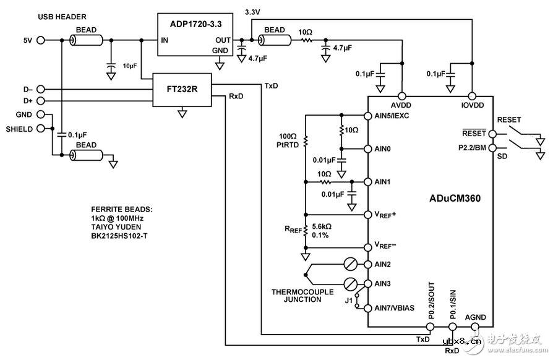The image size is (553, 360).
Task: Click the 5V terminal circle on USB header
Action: pos(41,40)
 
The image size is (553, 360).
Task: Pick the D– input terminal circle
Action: pos(41,89)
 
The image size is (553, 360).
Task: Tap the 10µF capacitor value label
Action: pos(130,65)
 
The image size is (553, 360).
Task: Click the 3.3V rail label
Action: pos(252,12)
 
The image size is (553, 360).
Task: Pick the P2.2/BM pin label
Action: pos(473,148)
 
